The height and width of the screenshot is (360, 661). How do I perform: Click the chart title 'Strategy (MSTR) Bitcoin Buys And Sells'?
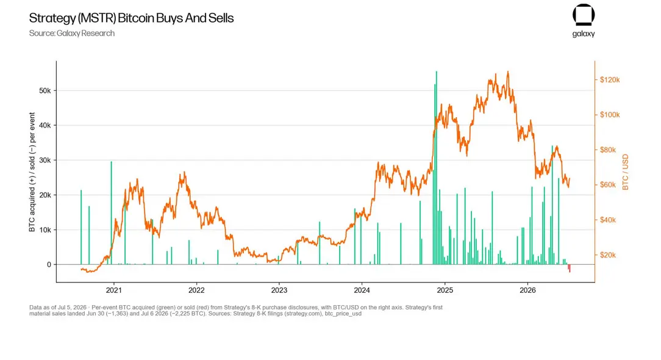pos(131,18)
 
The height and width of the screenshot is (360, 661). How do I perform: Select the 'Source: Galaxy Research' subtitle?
pos(72,34)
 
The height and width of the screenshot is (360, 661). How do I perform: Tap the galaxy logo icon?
pos(584,15)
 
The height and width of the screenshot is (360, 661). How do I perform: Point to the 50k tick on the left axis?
pos(45,91)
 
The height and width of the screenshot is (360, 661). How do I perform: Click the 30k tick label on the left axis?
pos(45,160)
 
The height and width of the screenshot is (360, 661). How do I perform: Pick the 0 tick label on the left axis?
pos(49,265)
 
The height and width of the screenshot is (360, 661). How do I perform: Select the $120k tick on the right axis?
pos(610,80)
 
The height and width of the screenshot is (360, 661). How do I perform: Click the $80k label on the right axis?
pos(607,150)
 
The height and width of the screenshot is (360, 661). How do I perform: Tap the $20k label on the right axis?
pos(607,255)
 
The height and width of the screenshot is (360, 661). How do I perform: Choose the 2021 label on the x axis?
pos(113,290)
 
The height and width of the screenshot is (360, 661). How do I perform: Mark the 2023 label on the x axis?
pos(279,290)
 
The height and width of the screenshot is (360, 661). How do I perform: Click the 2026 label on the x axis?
pos(527,290)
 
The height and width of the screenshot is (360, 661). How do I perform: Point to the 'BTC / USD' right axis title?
pos(625,172)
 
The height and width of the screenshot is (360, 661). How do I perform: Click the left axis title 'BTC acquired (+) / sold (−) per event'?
pos(32,172)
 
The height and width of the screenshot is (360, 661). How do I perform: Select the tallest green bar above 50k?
pos(437,168)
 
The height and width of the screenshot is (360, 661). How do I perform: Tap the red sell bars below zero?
pos(569,268)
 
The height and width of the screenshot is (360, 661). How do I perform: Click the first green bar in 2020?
pos(81,228)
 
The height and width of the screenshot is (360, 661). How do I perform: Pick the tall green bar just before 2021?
pos(112,213)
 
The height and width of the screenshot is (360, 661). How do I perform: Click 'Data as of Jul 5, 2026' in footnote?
pos(58,308)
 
